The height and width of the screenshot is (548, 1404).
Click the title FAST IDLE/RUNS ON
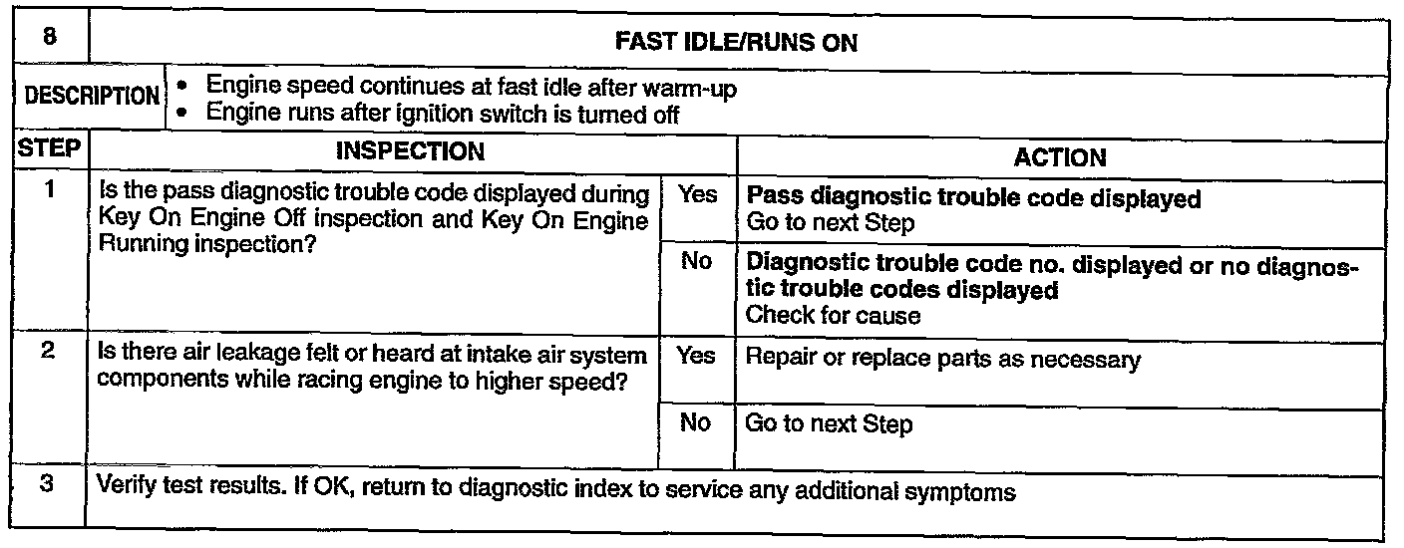point(737,44)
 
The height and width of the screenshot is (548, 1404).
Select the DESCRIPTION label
point(92,98)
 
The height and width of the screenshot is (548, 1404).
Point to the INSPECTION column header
point(410,152)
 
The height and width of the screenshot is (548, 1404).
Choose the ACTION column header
point(1059,157)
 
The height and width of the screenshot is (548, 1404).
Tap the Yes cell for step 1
point(697,195)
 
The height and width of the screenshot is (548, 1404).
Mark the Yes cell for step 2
point(696,355)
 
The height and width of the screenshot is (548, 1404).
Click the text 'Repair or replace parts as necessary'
point(942,360)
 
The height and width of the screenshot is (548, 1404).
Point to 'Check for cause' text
point(833,316)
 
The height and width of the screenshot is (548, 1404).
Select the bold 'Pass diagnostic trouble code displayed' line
point(973,198)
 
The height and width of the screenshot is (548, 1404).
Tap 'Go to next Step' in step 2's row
point(829,425)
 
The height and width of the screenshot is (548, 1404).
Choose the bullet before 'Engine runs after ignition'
point(180,114)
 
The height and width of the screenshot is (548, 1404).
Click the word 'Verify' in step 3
point(123,492)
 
